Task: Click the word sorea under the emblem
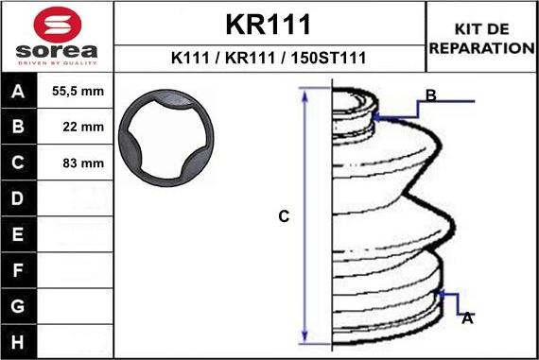click(57, 51)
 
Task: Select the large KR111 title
click(269, 25)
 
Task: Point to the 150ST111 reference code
click(329, 58)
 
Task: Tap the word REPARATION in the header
click(482, 48)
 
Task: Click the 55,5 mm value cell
click(78, 92)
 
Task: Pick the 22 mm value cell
click(83, 128)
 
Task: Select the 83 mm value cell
click(83, 163)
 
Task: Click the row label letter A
click(18, 92)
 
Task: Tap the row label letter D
click(18, 198)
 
